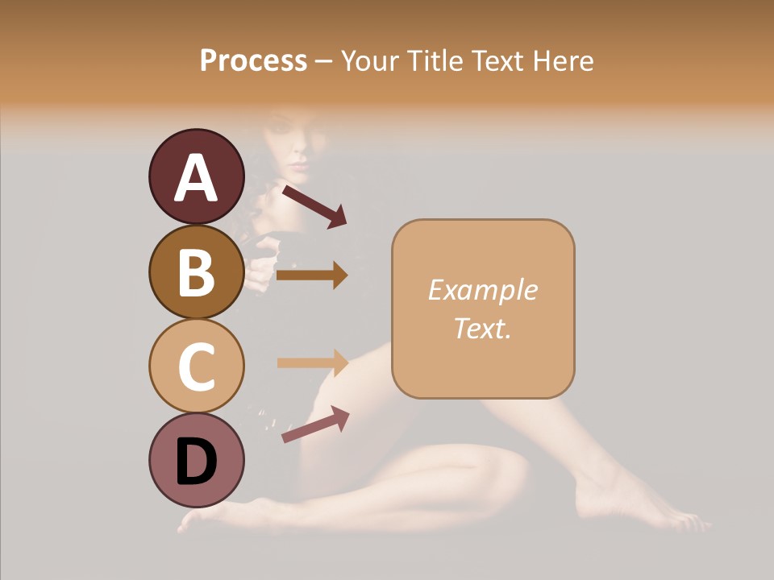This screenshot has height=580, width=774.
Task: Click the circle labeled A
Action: pyautogui.click(x=196, y=177)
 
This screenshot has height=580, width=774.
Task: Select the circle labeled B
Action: pyautogui.click(x=196, y=272)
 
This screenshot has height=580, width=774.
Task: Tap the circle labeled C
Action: pyautogui.click(x=196, y=367)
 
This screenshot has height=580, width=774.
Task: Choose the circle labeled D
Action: pyautogui.click(x=196, y=461)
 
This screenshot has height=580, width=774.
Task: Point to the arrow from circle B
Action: pyautogui.click(x=312, y=275)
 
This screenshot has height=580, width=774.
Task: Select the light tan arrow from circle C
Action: pyautogui.click(x=312, y=362)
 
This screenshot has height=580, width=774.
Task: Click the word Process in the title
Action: pyautogui.click(x=253, y=61)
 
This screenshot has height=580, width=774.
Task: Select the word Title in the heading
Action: pyautogui.click(x=436, y=61)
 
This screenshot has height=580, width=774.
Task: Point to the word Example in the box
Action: pyautogui.click(x=482, y=290)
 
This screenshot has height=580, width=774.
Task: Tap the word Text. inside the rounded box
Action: pyautogui.click(x=482, y=328)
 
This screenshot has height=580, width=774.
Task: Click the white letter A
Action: pyautogui.click(x=197, y=178)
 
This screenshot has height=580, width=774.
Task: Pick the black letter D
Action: pyautogui.click(x=197, y=462)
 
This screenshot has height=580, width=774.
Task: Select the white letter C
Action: pyautogui.click(x=197, y=367)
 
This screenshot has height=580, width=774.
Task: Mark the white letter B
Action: pyautogui.click(x=197, y=273)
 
